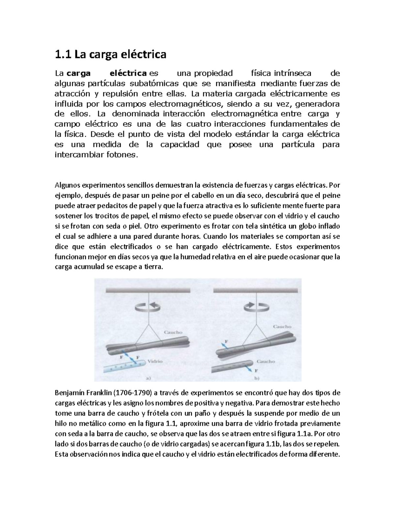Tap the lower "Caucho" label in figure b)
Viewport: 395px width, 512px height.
point(266,361)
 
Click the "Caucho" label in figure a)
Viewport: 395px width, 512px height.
point(173,332)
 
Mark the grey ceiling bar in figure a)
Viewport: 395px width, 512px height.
point(148,290)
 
